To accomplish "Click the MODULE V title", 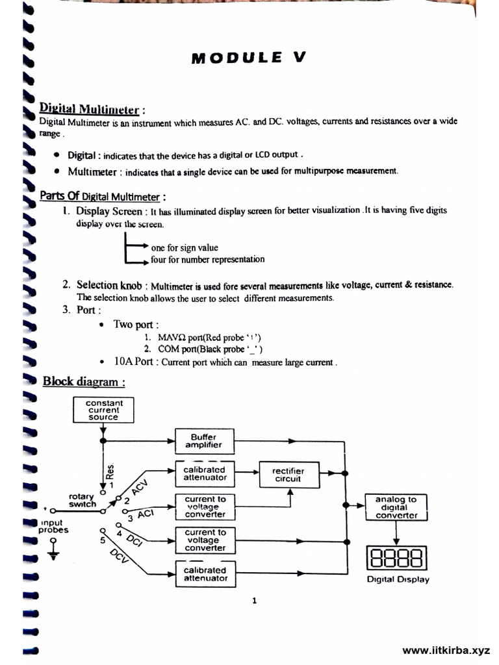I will tap(248, 57).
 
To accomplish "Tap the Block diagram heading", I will tap(84, 381).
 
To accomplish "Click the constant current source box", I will tap(103, 410).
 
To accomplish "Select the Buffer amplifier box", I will tap(204, 441).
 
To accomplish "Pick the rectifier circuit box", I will tap(288, 475).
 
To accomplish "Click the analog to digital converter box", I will tap(396, 507).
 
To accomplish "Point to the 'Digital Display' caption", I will tap(398, 579).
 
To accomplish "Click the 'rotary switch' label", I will tap(83, 499).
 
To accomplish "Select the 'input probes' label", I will tap(53, 526).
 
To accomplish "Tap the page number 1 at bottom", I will tap(254, 601).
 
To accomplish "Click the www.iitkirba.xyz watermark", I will tap(446, 650).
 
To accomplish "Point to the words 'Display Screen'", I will tap(109, 211).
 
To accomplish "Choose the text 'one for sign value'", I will tap(185, 247).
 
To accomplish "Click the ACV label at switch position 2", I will tap(140, 490).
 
